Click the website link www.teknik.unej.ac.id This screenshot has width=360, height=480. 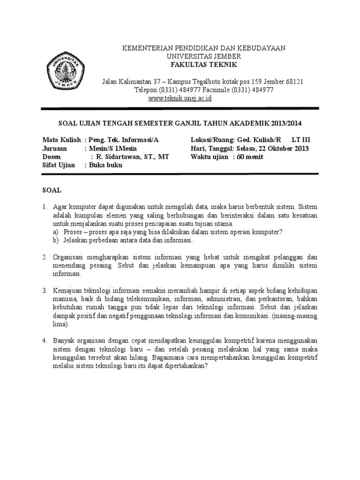pos(180,98)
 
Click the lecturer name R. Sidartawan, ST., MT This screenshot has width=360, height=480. pos(129,157)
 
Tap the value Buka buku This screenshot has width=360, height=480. pos(105,165)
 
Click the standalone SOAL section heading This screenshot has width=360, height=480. pos(52,191)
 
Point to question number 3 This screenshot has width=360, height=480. pos(45,291)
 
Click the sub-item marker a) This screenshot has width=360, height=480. pos(55,232)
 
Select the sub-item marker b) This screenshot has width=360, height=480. pos(55,240)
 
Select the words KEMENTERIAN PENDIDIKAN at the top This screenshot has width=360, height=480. pos(155,48)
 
